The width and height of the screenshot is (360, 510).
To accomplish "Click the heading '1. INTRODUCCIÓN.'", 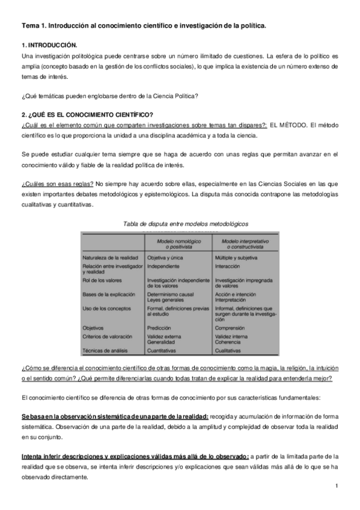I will (49, 45).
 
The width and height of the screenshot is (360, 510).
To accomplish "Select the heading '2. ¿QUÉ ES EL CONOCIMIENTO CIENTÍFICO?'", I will (88, 115).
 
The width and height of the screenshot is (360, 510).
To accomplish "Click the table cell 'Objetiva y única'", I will (166, 257).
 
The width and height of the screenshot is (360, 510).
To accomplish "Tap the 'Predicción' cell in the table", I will (159, 328).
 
